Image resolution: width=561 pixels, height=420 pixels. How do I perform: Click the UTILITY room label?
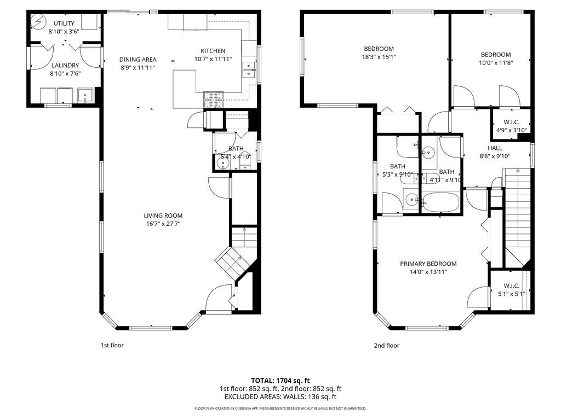click(64, 24)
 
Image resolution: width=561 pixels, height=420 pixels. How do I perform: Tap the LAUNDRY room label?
click(65, 65)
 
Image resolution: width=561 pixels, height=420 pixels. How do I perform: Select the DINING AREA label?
click(138, 60)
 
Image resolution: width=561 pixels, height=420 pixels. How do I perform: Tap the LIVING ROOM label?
click(163, 215)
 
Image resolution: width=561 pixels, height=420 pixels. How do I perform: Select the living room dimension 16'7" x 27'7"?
click(163, 224)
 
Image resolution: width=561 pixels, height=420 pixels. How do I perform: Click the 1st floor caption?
click(112, 346)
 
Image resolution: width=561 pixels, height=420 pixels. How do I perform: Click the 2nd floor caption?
click(387, 346)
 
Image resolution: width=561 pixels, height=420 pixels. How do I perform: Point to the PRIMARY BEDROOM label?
click(428, 264)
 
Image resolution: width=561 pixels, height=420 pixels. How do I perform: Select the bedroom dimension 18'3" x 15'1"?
click(379, 56)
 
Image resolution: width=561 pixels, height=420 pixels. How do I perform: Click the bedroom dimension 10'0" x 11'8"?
click(496, 62)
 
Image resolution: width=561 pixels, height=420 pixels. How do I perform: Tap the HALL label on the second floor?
click(495, 148)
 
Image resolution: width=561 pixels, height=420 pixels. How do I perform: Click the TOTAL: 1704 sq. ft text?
click(280, 380)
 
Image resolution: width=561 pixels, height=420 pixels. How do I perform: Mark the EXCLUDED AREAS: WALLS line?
click(280, 397)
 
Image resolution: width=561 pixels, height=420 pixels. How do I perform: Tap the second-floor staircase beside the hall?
click(518, 208)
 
